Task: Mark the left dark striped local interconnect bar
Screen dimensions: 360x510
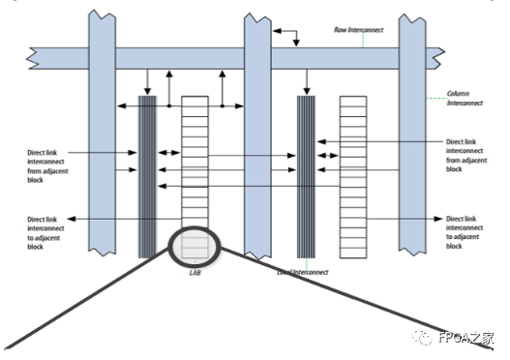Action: point(147,174)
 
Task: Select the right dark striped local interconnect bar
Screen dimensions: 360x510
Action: point(306,174)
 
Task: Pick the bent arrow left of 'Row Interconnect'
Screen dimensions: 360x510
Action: point(287,37)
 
